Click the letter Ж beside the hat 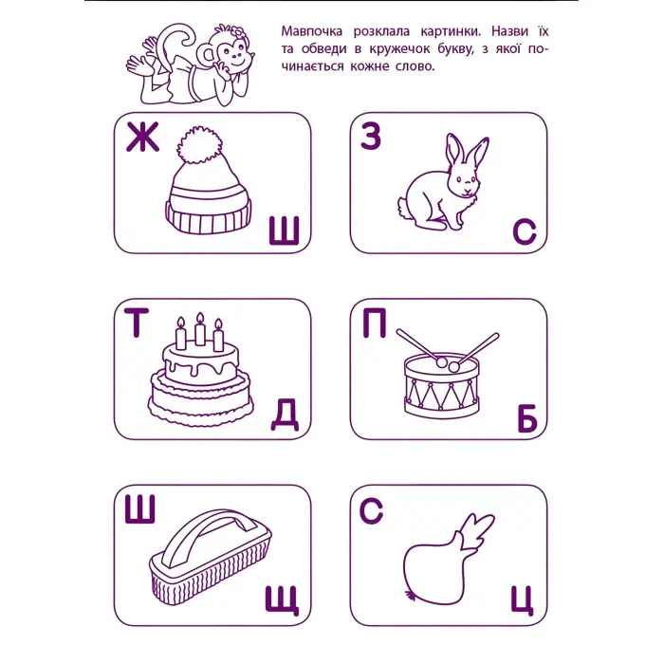point(141,140)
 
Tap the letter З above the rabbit point(371,138)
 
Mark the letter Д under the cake point(285,414)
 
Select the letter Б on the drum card point(526,418)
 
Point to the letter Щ point(283,599)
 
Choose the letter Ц point(524,599)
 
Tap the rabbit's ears point(467,152)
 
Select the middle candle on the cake point(200,328)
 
